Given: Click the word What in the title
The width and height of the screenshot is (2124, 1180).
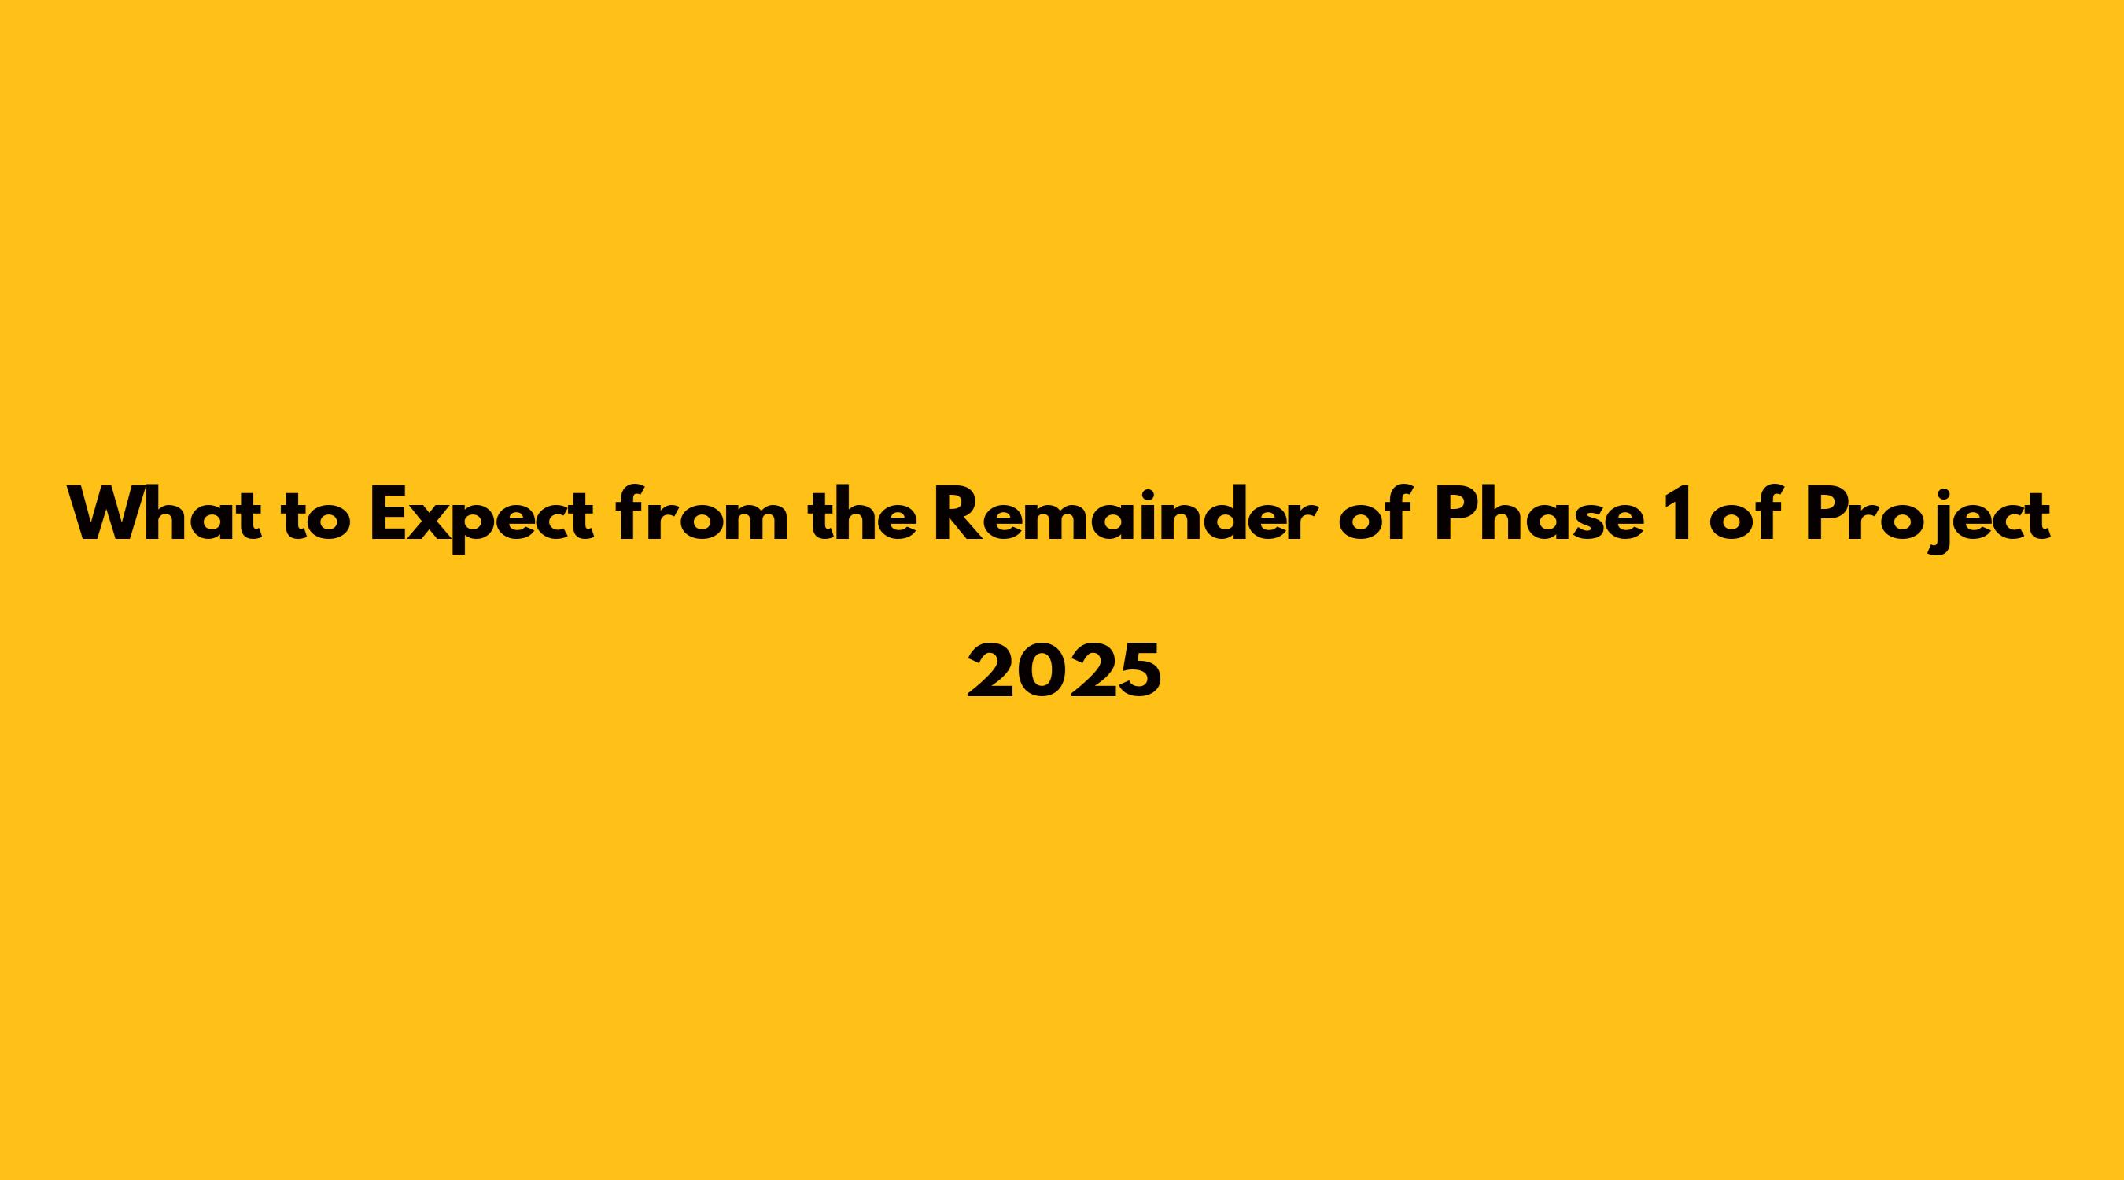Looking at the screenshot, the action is [166, 514].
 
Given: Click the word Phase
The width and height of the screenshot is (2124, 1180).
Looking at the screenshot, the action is [1538, 514].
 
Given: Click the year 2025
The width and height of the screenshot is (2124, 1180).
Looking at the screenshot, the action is [1064, 670].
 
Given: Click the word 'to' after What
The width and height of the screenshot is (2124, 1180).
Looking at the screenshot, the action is [316, 518].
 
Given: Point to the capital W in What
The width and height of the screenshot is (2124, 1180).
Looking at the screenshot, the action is [107, 514].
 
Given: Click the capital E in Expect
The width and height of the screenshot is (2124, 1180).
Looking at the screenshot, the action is [388, 514].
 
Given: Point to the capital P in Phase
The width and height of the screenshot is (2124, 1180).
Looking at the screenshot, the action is [1456, 514].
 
